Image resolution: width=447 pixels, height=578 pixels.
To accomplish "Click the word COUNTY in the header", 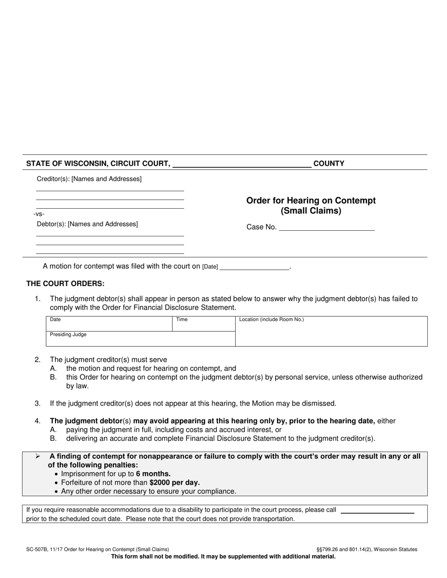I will tap(328, 164).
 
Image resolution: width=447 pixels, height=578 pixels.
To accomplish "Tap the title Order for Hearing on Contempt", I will tap(311, 201).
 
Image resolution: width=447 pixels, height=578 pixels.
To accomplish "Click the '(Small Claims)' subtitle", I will tap(311, 211).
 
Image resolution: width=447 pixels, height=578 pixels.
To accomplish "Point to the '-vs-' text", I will tap(39, 214).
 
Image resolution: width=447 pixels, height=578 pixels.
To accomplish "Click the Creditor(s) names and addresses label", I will tap(89, 179).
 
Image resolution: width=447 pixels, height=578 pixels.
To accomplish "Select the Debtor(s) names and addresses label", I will tap(87, 224).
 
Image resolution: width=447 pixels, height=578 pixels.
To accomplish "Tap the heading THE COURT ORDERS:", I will tap(65, 284).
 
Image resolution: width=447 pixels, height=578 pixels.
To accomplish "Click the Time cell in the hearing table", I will tap(203, 324).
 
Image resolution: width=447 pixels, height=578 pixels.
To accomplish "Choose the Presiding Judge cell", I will tap(140, 339).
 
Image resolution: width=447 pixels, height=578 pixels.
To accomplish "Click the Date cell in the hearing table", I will tap(109, 324).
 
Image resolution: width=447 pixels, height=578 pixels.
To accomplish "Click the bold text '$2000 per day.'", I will tap(175, 483).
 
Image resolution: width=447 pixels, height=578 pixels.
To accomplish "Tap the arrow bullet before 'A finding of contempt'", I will tap(37, 456).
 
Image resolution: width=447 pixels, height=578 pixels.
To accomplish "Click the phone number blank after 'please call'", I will tap(377, 510).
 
